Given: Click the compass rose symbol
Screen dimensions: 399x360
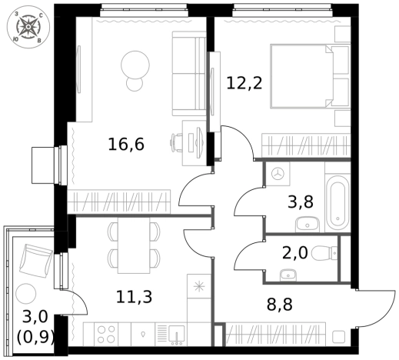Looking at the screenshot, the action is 28,27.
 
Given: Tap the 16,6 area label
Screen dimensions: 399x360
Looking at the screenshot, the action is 126,145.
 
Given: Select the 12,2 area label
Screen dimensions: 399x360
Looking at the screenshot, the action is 244,83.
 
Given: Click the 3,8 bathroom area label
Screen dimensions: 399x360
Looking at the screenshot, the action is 301,202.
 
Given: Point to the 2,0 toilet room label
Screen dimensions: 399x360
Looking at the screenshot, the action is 294,252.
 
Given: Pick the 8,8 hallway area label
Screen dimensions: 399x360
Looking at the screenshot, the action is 280,305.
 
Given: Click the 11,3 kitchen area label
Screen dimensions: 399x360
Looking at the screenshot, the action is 134,297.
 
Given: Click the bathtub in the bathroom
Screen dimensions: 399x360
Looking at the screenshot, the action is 337,203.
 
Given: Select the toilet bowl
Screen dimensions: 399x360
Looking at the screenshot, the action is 324,252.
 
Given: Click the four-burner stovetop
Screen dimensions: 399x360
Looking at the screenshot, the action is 106,334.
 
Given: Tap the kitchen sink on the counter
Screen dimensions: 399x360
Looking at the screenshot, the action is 176,335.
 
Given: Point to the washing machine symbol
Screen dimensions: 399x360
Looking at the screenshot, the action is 278,174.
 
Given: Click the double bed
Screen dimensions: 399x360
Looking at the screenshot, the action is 310,76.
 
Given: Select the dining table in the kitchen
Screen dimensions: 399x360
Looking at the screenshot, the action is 134,245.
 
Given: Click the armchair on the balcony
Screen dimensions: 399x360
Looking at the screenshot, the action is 36,261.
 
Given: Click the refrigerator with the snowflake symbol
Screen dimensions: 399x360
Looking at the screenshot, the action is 199,286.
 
